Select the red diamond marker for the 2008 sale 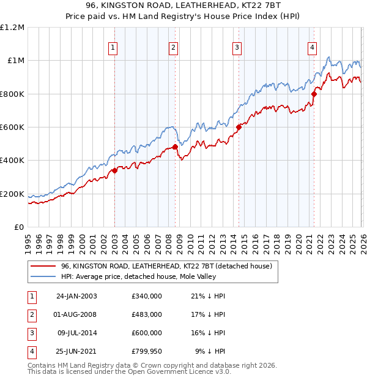click(x=175, y=147)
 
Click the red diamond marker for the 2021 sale click(x=314, y=94)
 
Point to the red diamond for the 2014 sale click(x=239, y=127)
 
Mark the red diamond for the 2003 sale click(x=114, y=171)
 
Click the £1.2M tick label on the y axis click(x=12, y=28)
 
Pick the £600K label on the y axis click(x=12, y=127)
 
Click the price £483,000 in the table click(x=146, y=314)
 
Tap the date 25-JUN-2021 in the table click(x=76, y=351)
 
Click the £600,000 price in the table click(x=146, y=333)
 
